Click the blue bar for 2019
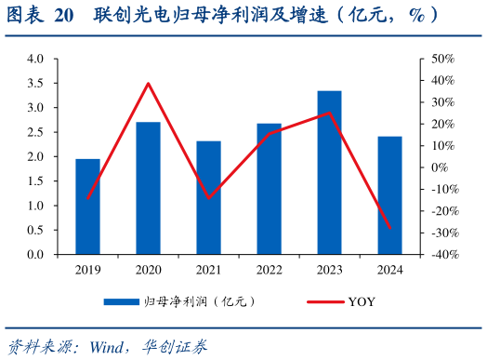click(x=87, y=207)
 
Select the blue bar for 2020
click(x=148, y=188)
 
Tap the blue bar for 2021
click(x=209, y=197)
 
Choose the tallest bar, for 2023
click(x=329, y=172)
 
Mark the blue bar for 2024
click(x=390, y=195)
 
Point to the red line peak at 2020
click(x=148, y=84)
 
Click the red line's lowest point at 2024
click(x=390, y=228)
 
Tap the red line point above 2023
click(x=329, y=113)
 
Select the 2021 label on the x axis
click(x=209, y=269)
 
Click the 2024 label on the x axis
click(x=390, y=269)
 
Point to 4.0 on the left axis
click(x=36, y=59)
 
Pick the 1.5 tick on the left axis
click(x=36, y=181)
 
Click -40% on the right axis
click(x=441, y=255)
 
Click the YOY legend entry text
click(x=362, y=301)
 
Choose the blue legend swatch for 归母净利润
click(x=121, y=301)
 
